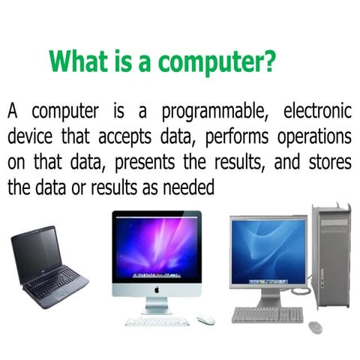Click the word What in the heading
tap(76, 60)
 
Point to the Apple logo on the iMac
tap(157, 287)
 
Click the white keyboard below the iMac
tap(156, 320)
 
